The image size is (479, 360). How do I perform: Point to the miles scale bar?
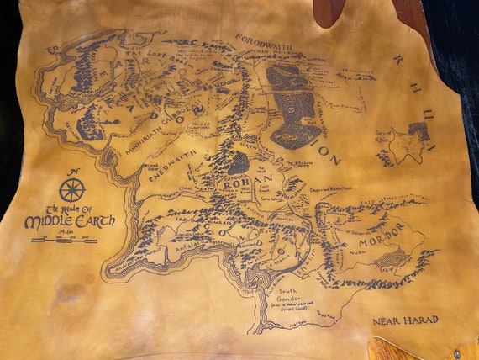pyautogui.click(x=65, y=240)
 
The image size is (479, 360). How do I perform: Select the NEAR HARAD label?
pyautogui.click(x=405, y=320)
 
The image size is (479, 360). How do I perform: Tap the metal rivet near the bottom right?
pyautogui.click(x=459, y=353)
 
